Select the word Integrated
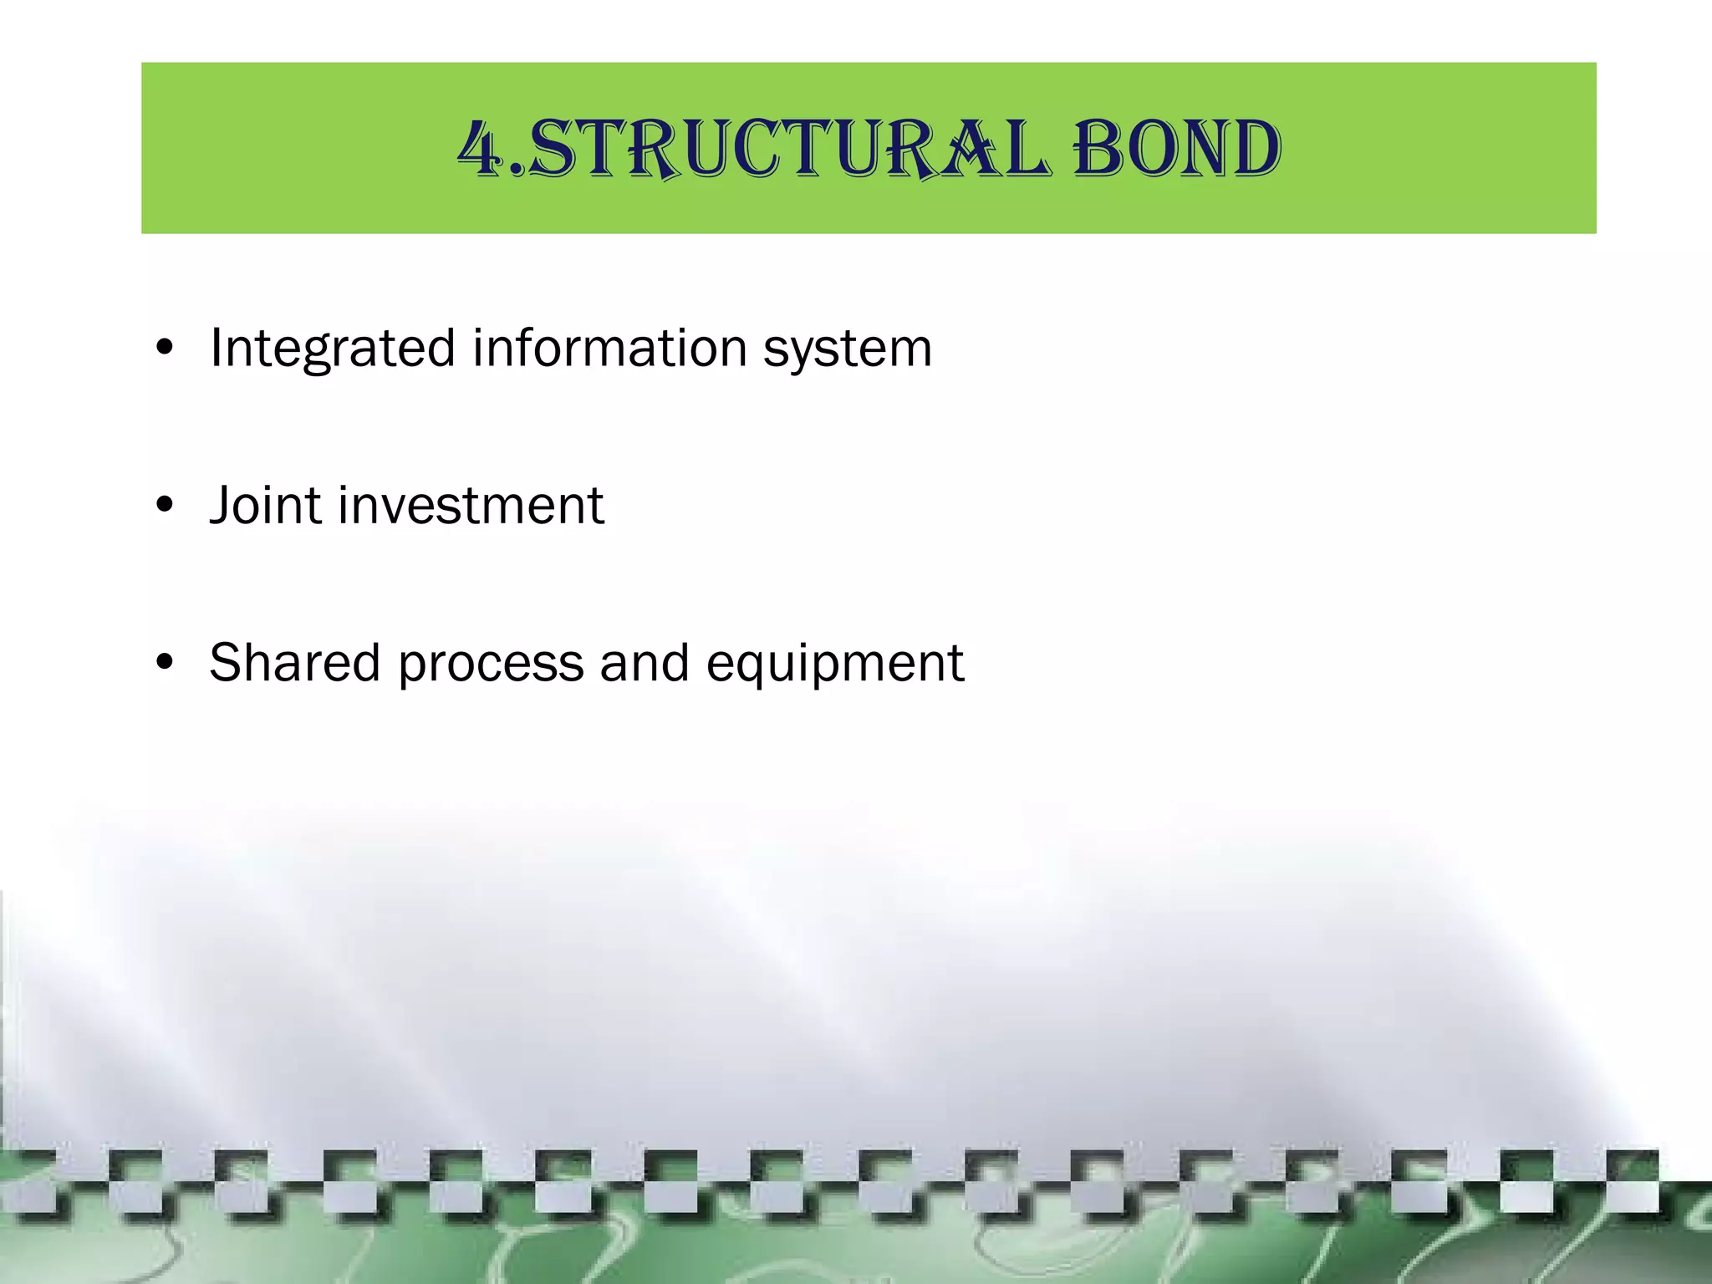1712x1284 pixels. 332,349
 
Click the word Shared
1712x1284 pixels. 294,663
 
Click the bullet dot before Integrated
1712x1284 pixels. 165,348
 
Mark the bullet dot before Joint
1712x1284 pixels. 165,505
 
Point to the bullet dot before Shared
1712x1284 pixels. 165,662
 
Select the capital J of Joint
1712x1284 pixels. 221,506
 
